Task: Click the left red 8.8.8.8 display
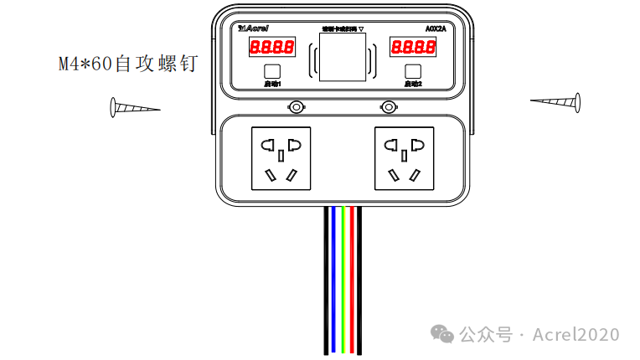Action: [x=272, y=48]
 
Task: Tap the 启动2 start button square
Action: [x=412, y=71]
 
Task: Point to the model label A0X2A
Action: [x=436, y=28]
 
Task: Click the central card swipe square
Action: [x=343, y=57]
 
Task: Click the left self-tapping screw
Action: [x=133, y=108]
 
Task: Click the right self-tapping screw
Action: [x=555, y=102]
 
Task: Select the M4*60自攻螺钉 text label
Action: [x=128, y=64]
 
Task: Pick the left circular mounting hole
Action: [x=296, y=106]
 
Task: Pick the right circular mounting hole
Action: [x=388, y=106]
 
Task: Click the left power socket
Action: [x=281, y=158]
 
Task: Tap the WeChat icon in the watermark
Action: [x=443, y=334]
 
